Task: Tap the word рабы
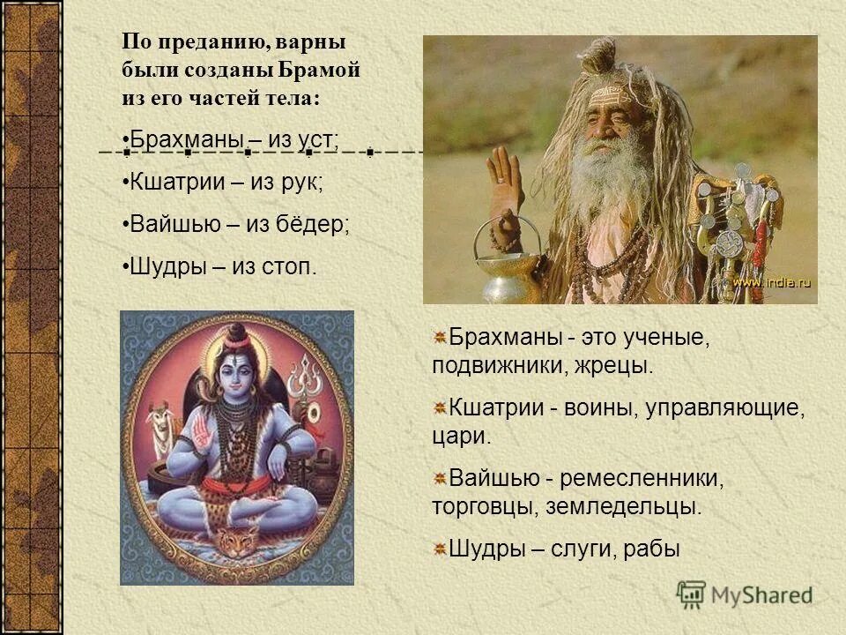651,549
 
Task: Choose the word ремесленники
642,479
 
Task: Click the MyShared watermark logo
745,594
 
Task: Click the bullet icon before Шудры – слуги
439,549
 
